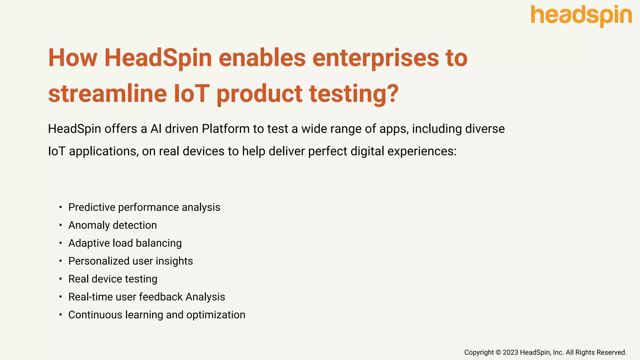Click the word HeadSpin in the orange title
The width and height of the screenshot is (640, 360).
158,58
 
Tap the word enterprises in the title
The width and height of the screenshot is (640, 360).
376,58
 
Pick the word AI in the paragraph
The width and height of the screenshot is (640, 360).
156,129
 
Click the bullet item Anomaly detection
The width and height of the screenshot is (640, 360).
112,225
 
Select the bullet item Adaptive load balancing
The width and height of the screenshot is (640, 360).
125,243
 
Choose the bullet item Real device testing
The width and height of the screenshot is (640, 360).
113,279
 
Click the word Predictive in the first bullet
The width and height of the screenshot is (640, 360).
92,207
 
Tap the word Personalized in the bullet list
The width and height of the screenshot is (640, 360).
99,261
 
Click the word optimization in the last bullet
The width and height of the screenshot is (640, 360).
216,315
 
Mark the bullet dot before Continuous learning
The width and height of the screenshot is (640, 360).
61,315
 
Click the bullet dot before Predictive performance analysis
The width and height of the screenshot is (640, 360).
61,207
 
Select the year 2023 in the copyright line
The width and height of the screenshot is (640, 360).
510,352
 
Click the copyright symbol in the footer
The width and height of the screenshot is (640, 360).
498,352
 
